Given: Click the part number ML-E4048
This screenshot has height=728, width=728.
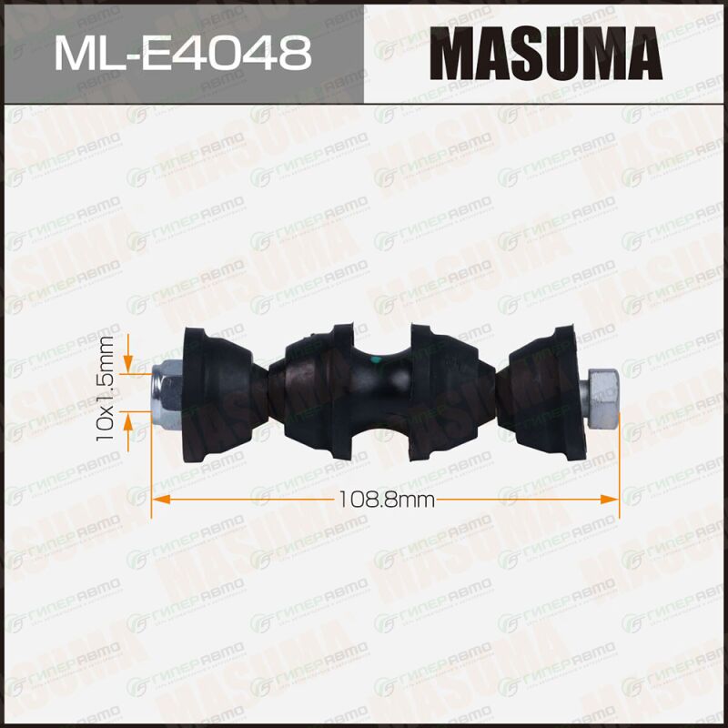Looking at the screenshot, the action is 183,54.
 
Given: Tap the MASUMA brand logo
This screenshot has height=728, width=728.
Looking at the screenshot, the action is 546,54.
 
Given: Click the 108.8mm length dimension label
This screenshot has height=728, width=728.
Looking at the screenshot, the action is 387,500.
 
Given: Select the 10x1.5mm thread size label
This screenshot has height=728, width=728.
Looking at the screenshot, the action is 105,389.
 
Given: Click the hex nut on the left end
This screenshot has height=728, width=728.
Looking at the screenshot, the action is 167,392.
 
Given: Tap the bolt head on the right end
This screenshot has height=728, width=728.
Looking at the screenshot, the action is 600,398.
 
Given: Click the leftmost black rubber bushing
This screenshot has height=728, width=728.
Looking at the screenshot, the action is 217,395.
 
